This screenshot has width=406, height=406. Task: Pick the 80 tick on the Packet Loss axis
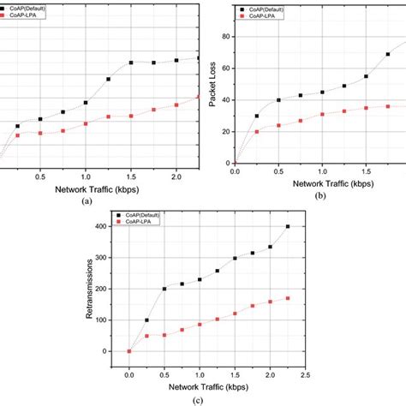tap(227, 37)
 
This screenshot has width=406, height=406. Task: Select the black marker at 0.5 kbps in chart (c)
tap(164, 289)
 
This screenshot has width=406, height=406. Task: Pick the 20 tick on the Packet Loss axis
tap(227, 131)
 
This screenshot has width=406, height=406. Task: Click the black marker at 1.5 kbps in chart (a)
tap(131, 63)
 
